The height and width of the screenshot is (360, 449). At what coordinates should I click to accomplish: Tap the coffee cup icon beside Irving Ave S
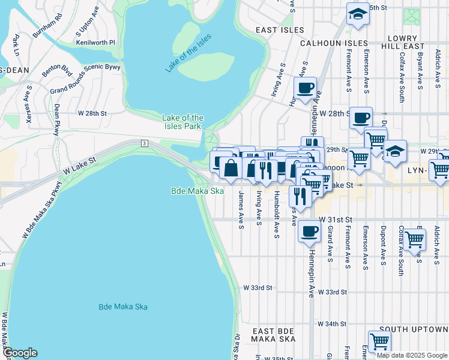305,88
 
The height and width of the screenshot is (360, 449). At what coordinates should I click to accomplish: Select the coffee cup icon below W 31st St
309,231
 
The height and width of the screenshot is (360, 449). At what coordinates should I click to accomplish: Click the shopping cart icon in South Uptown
379,341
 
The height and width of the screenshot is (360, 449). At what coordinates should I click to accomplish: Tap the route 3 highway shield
145,143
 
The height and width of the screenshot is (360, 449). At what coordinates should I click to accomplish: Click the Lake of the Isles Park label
182,122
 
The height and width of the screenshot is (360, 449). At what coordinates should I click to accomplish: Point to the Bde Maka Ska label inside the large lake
122,307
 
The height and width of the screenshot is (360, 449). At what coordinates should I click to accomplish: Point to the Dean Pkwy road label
57,119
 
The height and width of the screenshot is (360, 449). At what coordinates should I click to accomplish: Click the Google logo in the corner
20,353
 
